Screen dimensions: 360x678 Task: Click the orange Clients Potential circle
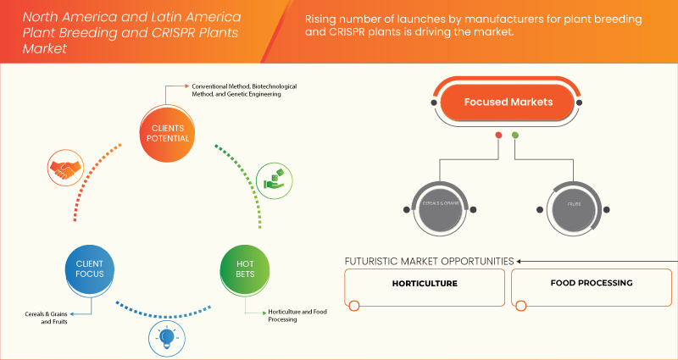point(166,133)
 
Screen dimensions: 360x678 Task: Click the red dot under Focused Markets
point(498,136)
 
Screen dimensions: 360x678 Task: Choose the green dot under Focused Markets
point(515,136)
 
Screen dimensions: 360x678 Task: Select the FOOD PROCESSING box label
point(591,283)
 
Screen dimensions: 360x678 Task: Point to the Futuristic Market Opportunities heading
point(429,261)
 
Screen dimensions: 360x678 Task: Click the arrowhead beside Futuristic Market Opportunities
point(520,261)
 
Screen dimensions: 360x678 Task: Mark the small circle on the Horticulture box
point(355,306)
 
